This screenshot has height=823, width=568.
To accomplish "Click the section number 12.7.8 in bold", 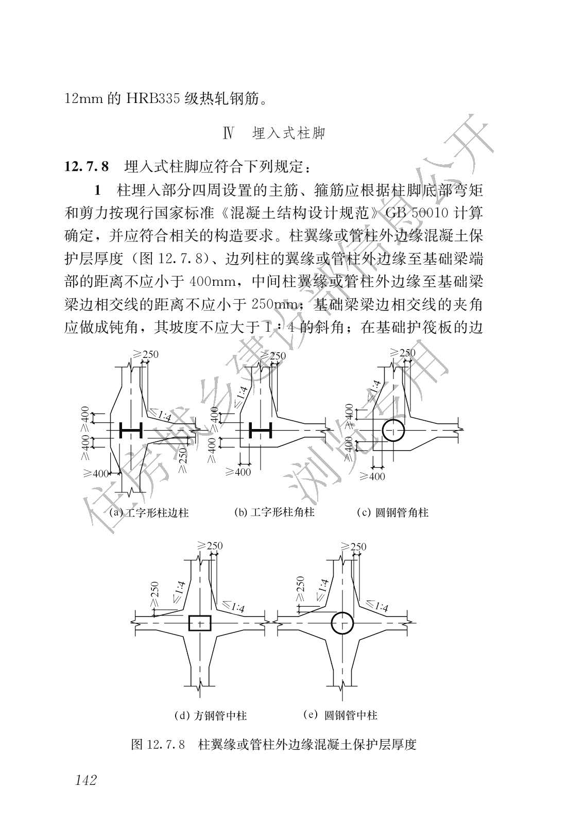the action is [x=87, y=167].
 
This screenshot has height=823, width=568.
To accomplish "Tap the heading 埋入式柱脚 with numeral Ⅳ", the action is [x=274, y=133].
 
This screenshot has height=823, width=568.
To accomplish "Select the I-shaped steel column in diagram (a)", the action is [x=131, y=430].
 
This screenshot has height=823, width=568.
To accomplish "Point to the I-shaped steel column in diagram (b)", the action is [x=260, y=430].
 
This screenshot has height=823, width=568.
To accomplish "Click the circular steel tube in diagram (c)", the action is [x=393, y=431].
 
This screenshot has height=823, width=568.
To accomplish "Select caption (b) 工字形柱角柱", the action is [x=274, y=512].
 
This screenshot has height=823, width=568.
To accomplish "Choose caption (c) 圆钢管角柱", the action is [x=393, y=512].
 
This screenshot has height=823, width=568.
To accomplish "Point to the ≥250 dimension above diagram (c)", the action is [x=403, y=353].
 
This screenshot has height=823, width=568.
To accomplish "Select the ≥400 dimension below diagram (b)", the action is [x=238, y=471].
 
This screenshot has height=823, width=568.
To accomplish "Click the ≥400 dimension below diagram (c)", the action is [x=372, y=476].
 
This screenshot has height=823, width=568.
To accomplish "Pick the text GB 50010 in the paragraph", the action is [x=415, y=213].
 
